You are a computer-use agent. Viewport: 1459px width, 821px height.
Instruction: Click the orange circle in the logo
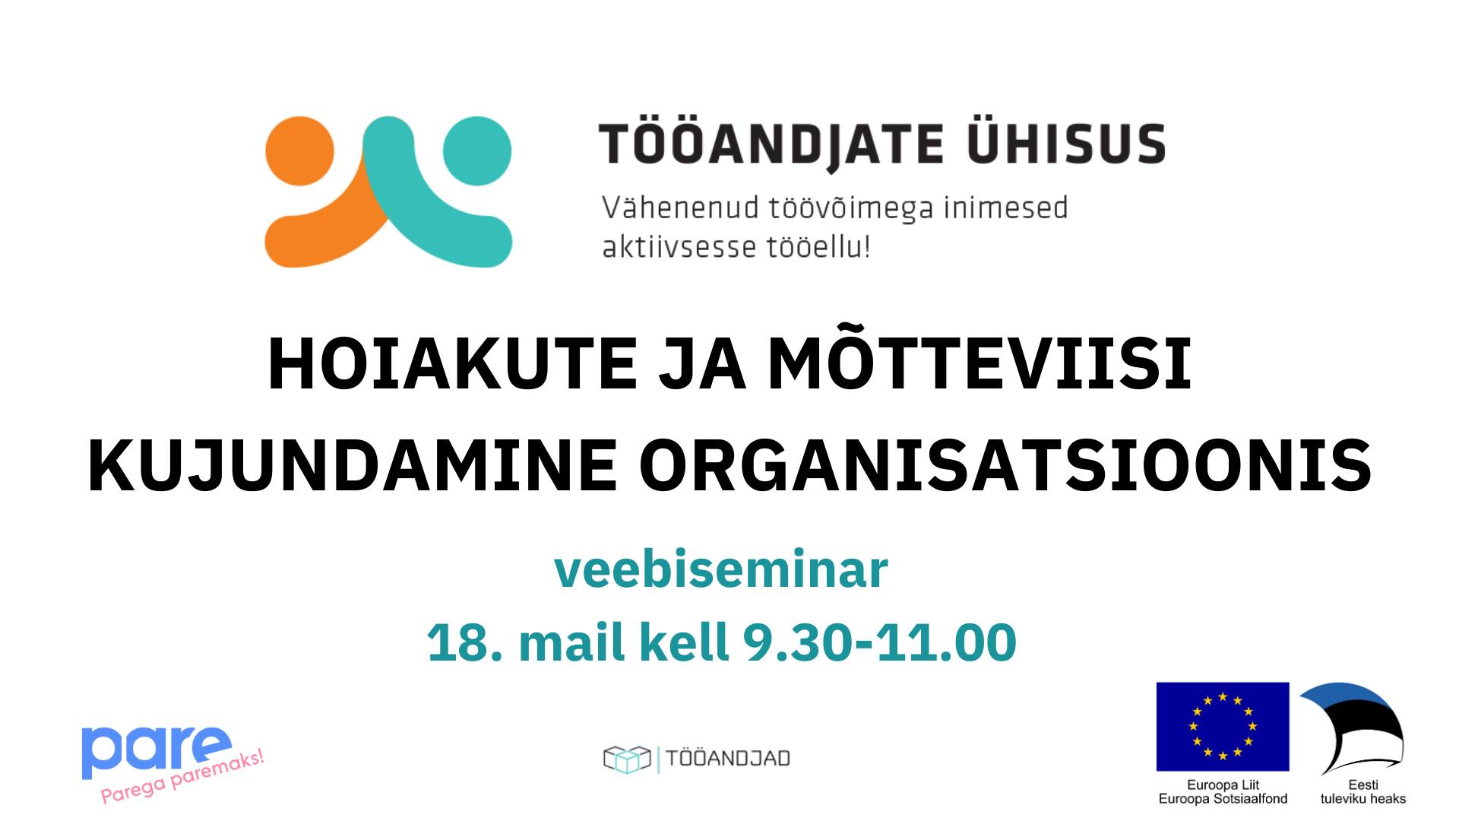[299, 151]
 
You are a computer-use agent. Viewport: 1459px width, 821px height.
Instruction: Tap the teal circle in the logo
[477, 151]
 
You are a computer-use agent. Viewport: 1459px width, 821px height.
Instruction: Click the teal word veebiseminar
[721, 569]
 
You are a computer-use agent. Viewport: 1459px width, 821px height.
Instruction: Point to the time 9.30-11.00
[880, 642]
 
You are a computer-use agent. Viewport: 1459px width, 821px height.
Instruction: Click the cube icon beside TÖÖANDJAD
[628, 759]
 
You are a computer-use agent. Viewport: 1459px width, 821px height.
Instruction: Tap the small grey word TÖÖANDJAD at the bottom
[728, 759]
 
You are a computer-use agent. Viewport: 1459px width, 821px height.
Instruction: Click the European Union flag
[1223, 726]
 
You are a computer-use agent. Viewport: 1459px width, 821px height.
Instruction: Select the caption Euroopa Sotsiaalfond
[1223, 799]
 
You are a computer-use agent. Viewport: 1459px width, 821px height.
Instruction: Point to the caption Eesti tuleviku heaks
[1362, 791]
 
